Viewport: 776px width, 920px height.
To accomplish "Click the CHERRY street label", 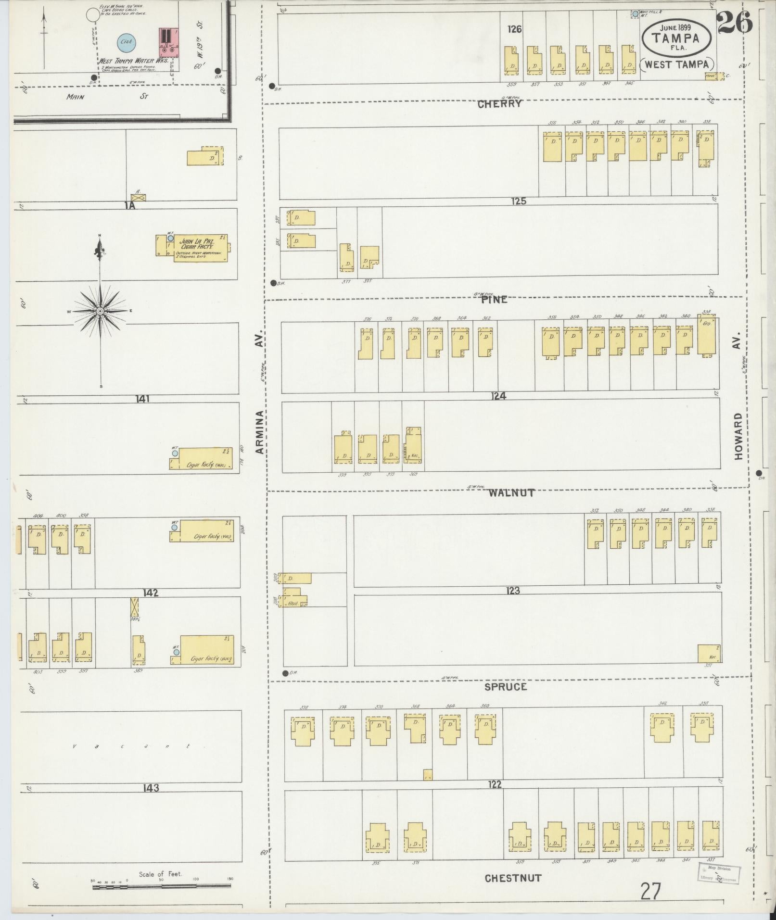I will click(500, 103).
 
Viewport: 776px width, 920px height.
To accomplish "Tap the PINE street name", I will click(494, 299).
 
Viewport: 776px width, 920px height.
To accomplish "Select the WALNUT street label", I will click(511, 493).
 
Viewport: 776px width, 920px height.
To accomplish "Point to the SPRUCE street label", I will click(506, 687).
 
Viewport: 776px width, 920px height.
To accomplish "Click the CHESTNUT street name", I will click(513, 878).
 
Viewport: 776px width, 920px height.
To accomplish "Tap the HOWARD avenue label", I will click(738, 436).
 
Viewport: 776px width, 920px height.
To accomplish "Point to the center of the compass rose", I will click(100, 312).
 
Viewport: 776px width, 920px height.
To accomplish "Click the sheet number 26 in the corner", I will click(735, 23).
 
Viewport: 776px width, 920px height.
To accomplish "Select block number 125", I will click(519, 201).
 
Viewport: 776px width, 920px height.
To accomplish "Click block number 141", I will click(143, 399).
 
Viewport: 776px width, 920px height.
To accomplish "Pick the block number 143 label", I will click(151, 788).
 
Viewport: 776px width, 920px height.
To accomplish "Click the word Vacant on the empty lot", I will click(130, 746).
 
